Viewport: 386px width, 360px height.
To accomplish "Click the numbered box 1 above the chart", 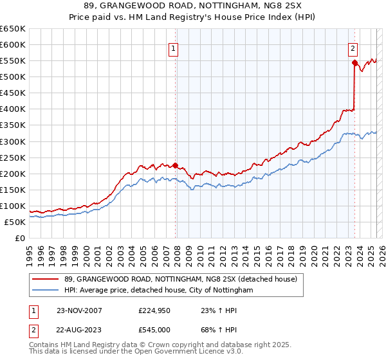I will coord(174,47).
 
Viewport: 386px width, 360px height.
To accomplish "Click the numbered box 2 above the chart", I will coord(353,47).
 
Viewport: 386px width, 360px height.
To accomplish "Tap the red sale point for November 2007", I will coord(175,165).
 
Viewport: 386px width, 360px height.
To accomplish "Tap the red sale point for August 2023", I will coord(354,62).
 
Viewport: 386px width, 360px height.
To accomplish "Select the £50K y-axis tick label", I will coord(15,222).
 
